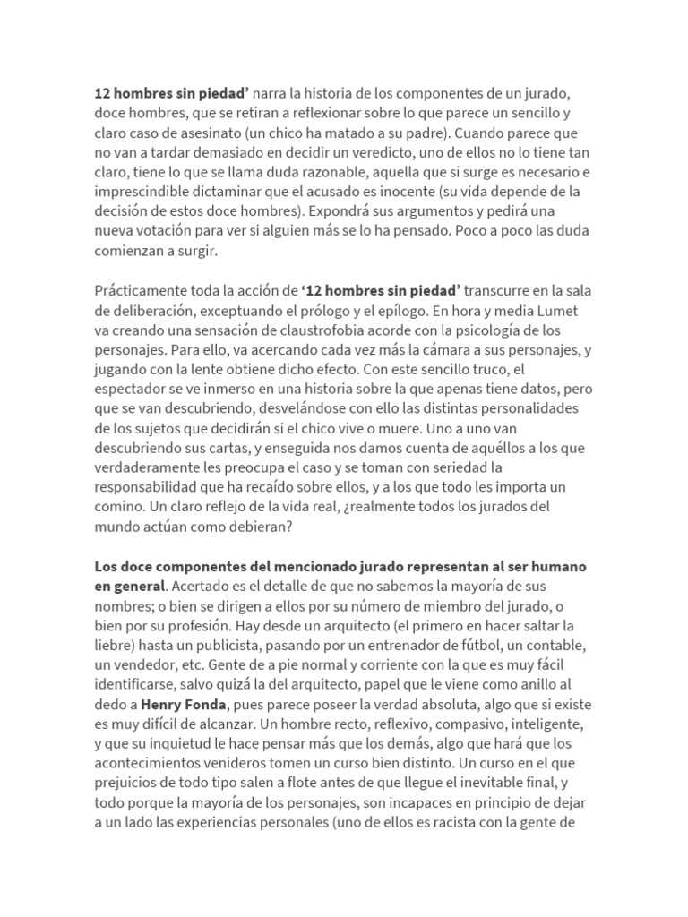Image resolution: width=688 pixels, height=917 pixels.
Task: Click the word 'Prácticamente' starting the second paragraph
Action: click(140, 291)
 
